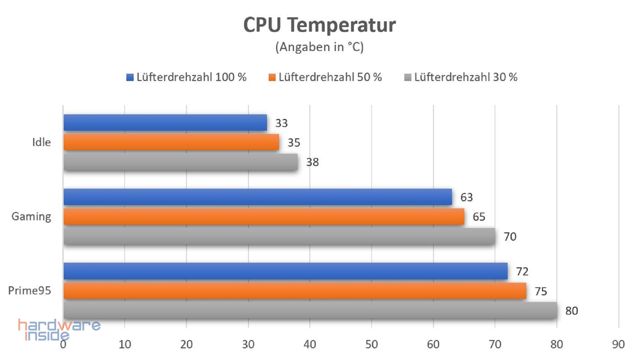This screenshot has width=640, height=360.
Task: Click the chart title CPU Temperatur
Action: pos(319,25)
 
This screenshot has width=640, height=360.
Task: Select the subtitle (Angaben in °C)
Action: pos(319,47)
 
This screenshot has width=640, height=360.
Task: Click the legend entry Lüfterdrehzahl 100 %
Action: pos(187,77)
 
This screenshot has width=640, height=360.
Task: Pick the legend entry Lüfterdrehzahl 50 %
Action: pos(325,77)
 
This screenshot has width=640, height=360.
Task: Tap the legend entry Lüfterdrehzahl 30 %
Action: pos(461,77)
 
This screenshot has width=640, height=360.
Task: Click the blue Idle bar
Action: pos(165,123)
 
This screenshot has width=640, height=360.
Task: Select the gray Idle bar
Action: pos(180,162)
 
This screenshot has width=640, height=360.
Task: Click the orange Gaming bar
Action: pos(264,217)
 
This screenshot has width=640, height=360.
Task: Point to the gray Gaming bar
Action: pos(279,236)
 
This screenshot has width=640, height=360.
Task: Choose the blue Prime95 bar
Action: pos(285,271)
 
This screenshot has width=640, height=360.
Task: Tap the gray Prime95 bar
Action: pos(310,310)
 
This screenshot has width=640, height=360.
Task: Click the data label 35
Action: pos(294,143)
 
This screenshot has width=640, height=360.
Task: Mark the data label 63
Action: pos(467,197)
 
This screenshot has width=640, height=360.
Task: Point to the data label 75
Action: pos(541,291)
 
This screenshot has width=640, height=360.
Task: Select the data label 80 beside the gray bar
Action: pos(572,311)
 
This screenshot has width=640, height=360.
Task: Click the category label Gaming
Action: pos(31,217)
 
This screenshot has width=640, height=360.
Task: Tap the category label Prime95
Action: pos(30,291)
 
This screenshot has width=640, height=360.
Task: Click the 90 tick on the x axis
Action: pos(618,344)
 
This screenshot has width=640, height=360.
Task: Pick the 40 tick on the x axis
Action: pos(310,344)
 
